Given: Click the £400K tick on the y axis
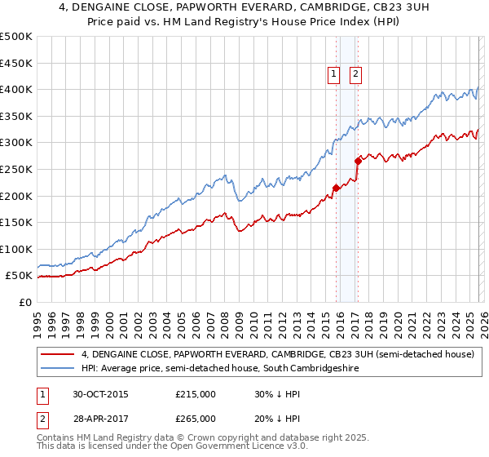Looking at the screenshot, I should (x=16, y=89).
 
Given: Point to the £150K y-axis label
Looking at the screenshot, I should (x=16, y=222).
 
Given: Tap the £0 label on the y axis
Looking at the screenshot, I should (x=26, y=302).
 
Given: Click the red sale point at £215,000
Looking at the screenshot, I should (x=336, y=188).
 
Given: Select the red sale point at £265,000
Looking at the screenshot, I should (x=357, y=162).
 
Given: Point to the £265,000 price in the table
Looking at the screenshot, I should (x=196, y=418).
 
